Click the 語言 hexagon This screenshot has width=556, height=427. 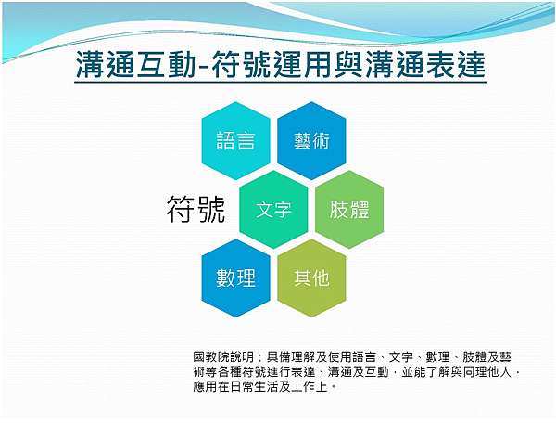(235, 141)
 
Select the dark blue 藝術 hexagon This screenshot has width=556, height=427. (311, 141)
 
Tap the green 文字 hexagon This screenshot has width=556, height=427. (273, 210)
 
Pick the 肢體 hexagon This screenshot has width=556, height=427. (349, 210)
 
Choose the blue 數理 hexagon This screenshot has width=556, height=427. (235, 278)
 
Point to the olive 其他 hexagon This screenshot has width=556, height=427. (311, 278)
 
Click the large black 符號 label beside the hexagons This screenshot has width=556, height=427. (196, 209)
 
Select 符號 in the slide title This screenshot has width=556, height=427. (242, 64)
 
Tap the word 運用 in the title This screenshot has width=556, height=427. (302, 64)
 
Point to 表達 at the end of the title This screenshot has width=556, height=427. (456, 64)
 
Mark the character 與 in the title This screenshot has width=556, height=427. (347, 64)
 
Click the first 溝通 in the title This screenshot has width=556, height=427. (106, 64)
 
